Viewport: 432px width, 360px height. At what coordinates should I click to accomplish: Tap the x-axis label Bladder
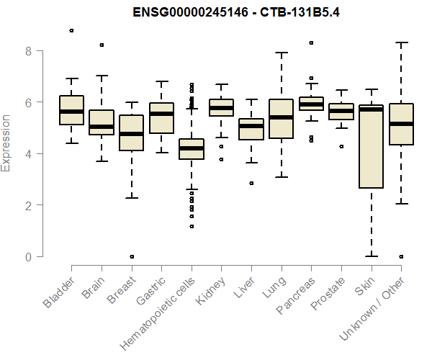coord(59,292)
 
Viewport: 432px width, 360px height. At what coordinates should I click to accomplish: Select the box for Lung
coord(281,119)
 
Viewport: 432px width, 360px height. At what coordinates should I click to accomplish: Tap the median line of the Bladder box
coord(71,112)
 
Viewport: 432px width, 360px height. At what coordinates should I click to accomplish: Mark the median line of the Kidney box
coord(221,108)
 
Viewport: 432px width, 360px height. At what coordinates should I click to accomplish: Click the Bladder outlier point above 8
coord(71,30)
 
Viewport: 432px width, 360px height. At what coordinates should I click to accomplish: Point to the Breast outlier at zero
coord(131,256)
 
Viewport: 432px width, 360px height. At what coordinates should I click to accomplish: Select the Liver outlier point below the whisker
coord(251,183)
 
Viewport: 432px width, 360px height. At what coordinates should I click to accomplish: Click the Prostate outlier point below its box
coord(341,146)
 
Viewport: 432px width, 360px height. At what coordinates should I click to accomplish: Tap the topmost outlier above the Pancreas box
coord(311,43)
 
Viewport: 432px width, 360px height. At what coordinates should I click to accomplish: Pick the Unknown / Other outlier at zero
coord(401,256)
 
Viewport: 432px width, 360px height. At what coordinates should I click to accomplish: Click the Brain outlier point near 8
coord(102,45)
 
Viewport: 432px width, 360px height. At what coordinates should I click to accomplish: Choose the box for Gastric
coord(161,118)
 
